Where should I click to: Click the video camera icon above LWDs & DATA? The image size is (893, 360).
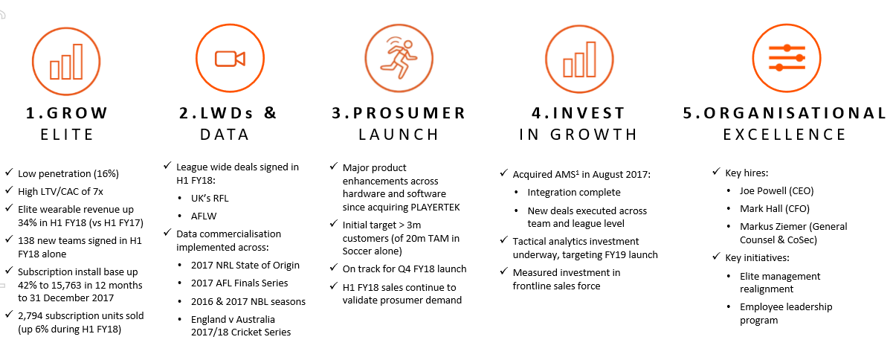coord(230,59)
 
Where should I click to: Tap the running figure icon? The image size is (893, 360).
coord(399,58)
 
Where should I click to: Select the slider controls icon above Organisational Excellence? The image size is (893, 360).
coord(787,58)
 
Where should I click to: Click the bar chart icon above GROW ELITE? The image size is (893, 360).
coord(66,62)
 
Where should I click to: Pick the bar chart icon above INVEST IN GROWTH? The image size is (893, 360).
coord(579,60)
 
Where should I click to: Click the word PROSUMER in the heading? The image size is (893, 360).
coord(410,113)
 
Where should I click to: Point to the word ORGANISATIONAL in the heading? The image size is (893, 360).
coord(795,113)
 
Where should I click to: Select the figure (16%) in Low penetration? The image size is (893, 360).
coord(106,174)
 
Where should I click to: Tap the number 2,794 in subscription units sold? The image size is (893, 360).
coord(30,316)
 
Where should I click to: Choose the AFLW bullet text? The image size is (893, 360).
coord(204,216)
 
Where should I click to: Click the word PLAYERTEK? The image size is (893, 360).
coord(435,208)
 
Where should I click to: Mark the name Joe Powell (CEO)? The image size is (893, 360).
coord(776,191)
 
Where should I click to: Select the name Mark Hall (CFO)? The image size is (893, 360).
coord(775,209)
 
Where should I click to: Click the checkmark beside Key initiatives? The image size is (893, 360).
coord(716,256)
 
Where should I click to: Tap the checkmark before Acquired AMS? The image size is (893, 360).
coord(504,173)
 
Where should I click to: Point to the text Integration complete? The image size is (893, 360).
coord(574,193)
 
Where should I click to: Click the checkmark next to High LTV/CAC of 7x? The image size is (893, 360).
coord(9,190)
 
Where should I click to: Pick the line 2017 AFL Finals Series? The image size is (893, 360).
coord(239,283)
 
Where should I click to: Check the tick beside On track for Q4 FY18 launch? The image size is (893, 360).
coord(334,267)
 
